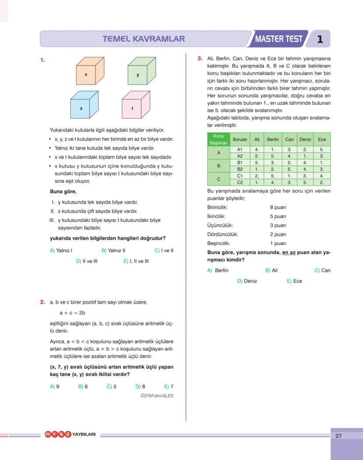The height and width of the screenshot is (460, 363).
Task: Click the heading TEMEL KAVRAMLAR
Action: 143,39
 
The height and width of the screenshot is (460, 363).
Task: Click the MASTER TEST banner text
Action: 279,39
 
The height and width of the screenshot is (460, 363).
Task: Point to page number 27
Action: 338,436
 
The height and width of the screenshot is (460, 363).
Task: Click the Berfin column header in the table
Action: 273,139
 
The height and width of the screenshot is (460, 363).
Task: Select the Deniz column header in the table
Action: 305,139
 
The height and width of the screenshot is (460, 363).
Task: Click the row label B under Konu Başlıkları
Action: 218,166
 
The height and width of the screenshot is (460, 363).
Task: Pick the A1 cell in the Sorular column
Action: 240,150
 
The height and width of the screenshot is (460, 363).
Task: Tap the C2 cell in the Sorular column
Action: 240,182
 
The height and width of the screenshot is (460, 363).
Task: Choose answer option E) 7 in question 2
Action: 169,386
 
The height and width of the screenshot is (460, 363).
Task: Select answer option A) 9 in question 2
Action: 55,386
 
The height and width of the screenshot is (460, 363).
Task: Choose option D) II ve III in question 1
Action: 87,261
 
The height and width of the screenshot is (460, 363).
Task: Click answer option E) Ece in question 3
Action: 295,281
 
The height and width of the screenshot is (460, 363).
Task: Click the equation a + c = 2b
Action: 72,313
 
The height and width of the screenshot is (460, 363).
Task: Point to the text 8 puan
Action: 278,207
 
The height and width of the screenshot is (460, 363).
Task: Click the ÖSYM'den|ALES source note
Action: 157,396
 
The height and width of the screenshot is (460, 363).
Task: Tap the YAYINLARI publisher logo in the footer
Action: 70,435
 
